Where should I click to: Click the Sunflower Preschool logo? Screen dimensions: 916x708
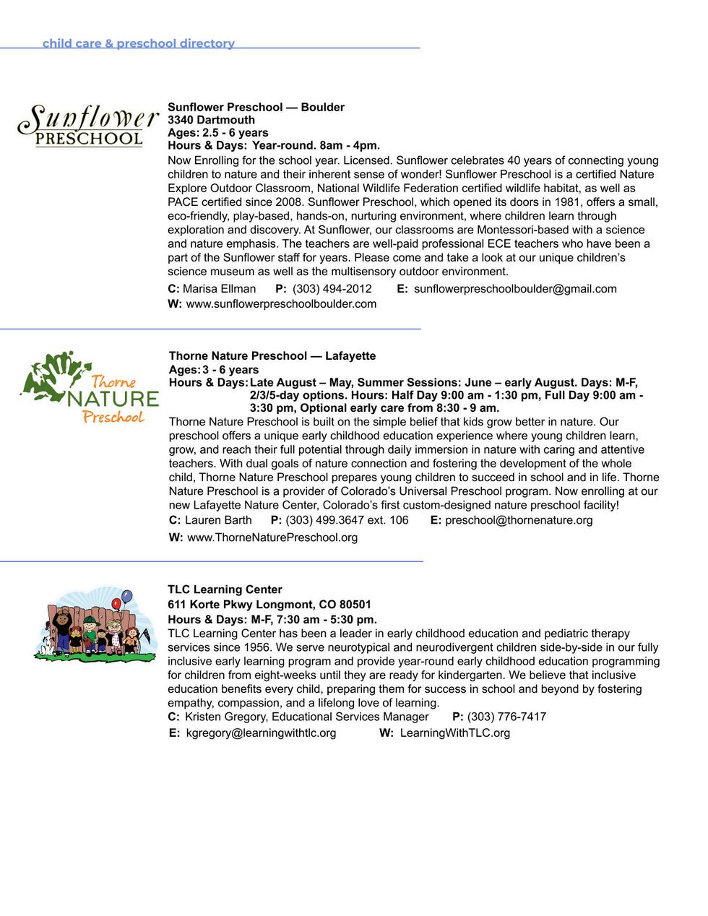point(88,126)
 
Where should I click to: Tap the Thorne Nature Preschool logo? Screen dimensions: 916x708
point(89,388)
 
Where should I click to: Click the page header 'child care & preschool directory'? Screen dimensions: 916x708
point(139,43)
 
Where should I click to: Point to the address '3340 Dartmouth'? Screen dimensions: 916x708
point(211,120)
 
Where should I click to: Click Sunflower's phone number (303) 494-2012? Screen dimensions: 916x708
point(332,289)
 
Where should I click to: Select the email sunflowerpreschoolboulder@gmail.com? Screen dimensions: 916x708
point(515,289)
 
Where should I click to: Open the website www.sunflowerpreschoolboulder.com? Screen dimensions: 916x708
point(281,304)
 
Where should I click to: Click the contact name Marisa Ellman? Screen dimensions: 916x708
point(219,289)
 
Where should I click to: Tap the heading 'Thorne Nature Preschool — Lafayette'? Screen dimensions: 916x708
point(272,356)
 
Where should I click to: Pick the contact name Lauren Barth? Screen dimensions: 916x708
point(218,520)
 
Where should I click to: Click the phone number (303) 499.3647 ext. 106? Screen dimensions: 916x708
point(347,520)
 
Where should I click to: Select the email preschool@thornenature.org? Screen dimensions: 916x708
point(519,520)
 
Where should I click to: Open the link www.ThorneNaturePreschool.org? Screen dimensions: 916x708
point(272,537)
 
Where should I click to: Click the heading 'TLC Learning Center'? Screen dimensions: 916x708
point(225,589)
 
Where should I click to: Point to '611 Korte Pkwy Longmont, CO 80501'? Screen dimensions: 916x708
point(269,605)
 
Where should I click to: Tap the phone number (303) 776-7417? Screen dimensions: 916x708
point(506,717)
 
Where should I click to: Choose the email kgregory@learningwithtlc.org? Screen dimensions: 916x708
point(261,733)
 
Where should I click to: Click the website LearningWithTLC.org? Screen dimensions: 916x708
point(455,733)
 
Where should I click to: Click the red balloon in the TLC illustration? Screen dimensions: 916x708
point(116,603)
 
